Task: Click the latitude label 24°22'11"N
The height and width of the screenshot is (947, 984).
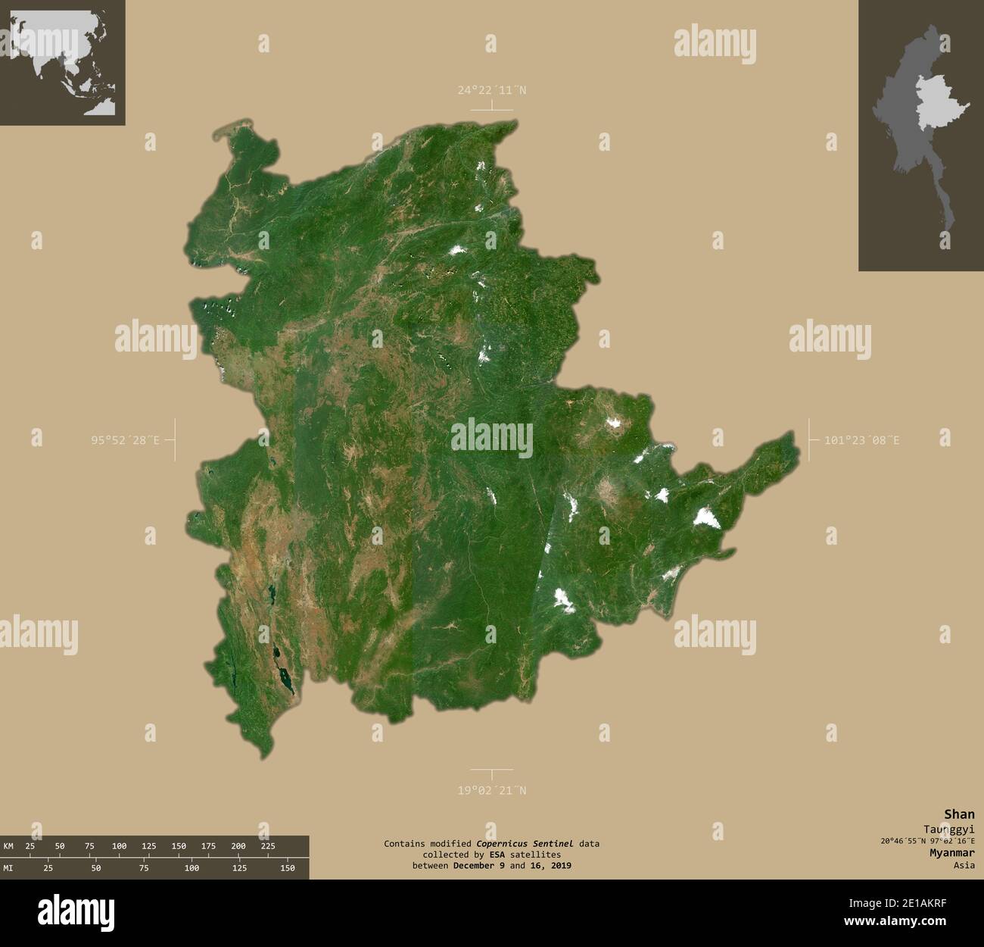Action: [x=491, y=90]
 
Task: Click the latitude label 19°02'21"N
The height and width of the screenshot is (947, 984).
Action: [x=491, y=790]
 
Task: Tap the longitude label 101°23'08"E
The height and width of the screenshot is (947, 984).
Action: [x=862, y=439]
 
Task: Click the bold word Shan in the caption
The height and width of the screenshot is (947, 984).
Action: [x=959, y=814]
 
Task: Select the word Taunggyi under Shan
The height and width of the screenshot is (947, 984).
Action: [x=948, y=829]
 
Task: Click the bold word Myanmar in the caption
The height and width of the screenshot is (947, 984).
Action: [x=952, y=852]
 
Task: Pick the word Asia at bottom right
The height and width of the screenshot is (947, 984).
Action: [x=964, y=864]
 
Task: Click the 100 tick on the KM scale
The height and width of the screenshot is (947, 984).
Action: [x=119, y=845]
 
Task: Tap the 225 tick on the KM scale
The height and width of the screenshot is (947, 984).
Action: [x=269, y=845]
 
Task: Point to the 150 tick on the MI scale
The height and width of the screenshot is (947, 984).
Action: [x=287, y=867]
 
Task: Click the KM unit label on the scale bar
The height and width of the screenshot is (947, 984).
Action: [x=8, y=845]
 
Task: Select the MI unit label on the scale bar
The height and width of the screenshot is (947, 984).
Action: [x=8, y=867]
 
